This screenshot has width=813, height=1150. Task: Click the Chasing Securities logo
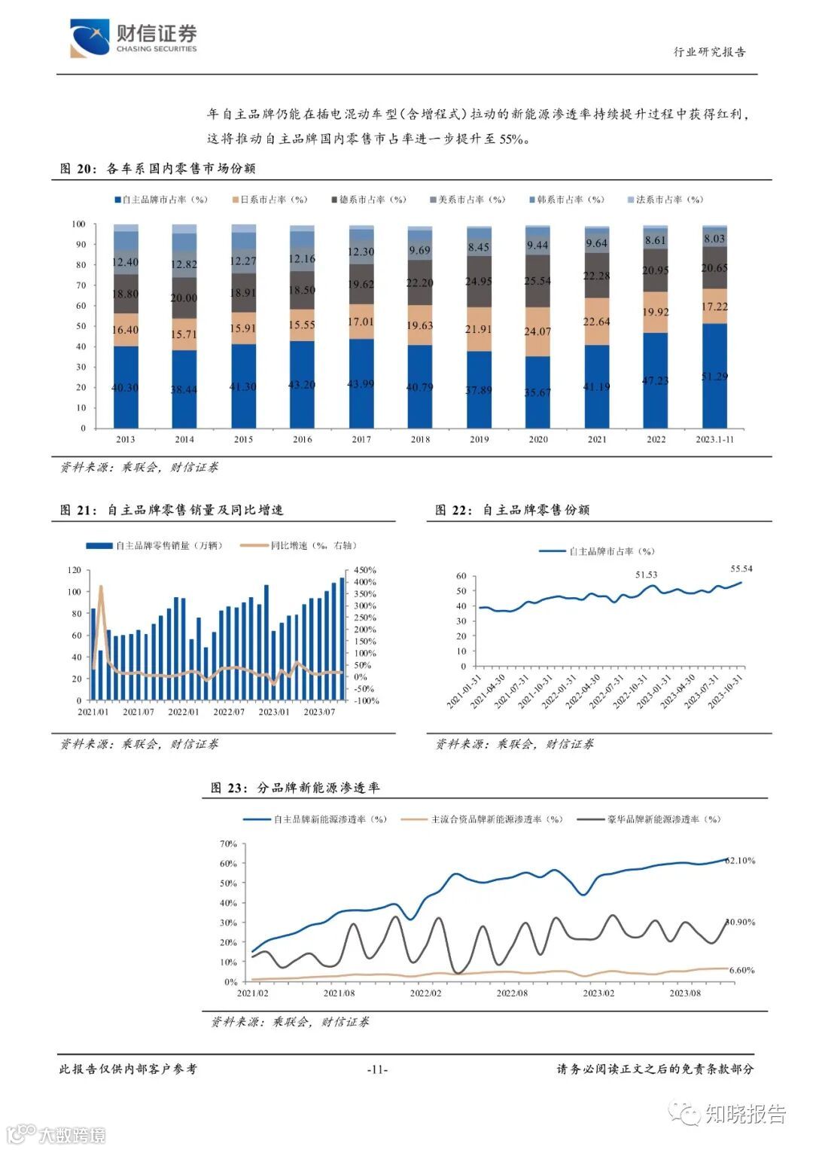[x=132, y=38]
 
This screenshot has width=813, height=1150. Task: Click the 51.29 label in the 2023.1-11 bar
[x=714, y=376]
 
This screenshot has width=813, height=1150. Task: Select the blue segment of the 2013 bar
[x=125, y=387]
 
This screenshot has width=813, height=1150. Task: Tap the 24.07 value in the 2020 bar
[x=537, y=331]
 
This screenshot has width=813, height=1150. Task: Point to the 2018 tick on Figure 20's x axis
[x=420, y=439]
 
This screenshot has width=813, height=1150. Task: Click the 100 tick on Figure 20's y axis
[x=78, y=224]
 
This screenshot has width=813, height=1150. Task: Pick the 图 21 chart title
[x=172, y=510]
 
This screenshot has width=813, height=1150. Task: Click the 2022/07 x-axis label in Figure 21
[x=228, y=712]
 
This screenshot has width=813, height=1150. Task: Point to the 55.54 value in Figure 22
[x=741, y=569]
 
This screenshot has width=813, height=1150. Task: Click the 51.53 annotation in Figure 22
[x=646, y=575]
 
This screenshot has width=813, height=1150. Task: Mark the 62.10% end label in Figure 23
[x=740, y=860]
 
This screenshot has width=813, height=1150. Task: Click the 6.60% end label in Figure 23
[x=741, y=970]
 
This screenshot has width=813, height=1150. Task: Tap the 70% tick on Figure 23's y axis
[x=228, y=843]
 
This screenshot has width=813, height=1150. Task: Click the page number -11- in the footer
[x=377, y=1069]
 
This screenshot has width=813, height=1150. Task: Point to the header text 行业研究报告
[x=709, y=52]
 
